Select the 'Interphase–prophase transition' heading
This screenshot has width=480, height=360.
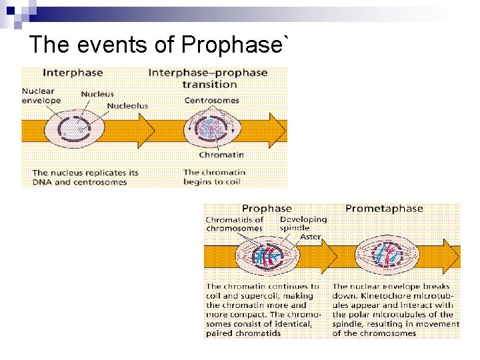tap(208, 78)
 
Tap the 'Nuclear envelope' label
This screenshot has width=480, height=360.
tap(41, 95)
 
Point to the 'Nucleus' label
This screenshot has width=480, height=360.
tap(97, 94)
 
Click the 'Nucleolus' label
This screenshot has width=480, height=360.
tap(127, 105)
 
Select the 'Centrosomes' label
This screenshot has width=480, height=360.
tap(211, 101)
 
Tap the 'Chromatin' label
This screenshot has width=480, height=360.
tap(221, 155)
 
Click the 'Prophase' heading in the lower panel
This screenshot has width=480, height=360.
tap(267, 209)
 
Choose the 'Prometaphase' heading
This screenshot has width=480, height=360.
tap(384, 209)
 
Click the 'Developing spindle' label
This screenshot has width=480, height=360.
tap(303, 223)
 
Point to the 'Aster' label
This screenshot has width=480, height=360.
tap(309, 237)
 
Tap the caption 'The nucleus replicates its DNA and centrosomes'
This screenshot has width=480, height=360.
tap(85, 177)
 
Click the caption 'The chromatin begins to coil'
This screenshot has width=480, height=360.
tap(215, 177)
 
